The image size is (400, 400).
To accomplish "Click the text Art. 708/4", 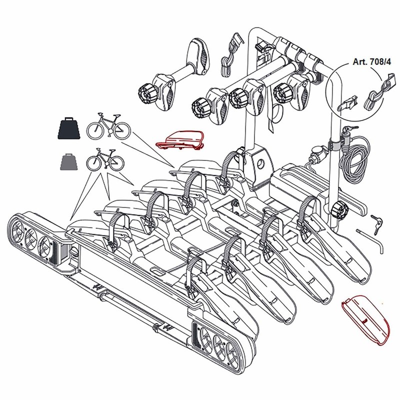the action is pyautogui.click(x=371, y=62).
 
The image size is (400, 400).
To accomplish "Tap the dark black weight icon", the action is pyautogui.click(x=69, y=128).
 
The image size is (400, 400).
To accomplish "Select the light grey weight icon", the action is pyautogui.click(x=69, y=161).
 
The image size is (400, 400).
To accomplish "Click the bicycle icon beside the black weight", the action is pyautogui.click(x=108, y=126).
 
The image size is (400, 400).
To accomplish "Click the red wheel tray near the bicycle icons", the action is pyautogui.click(x=180, y=140).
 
